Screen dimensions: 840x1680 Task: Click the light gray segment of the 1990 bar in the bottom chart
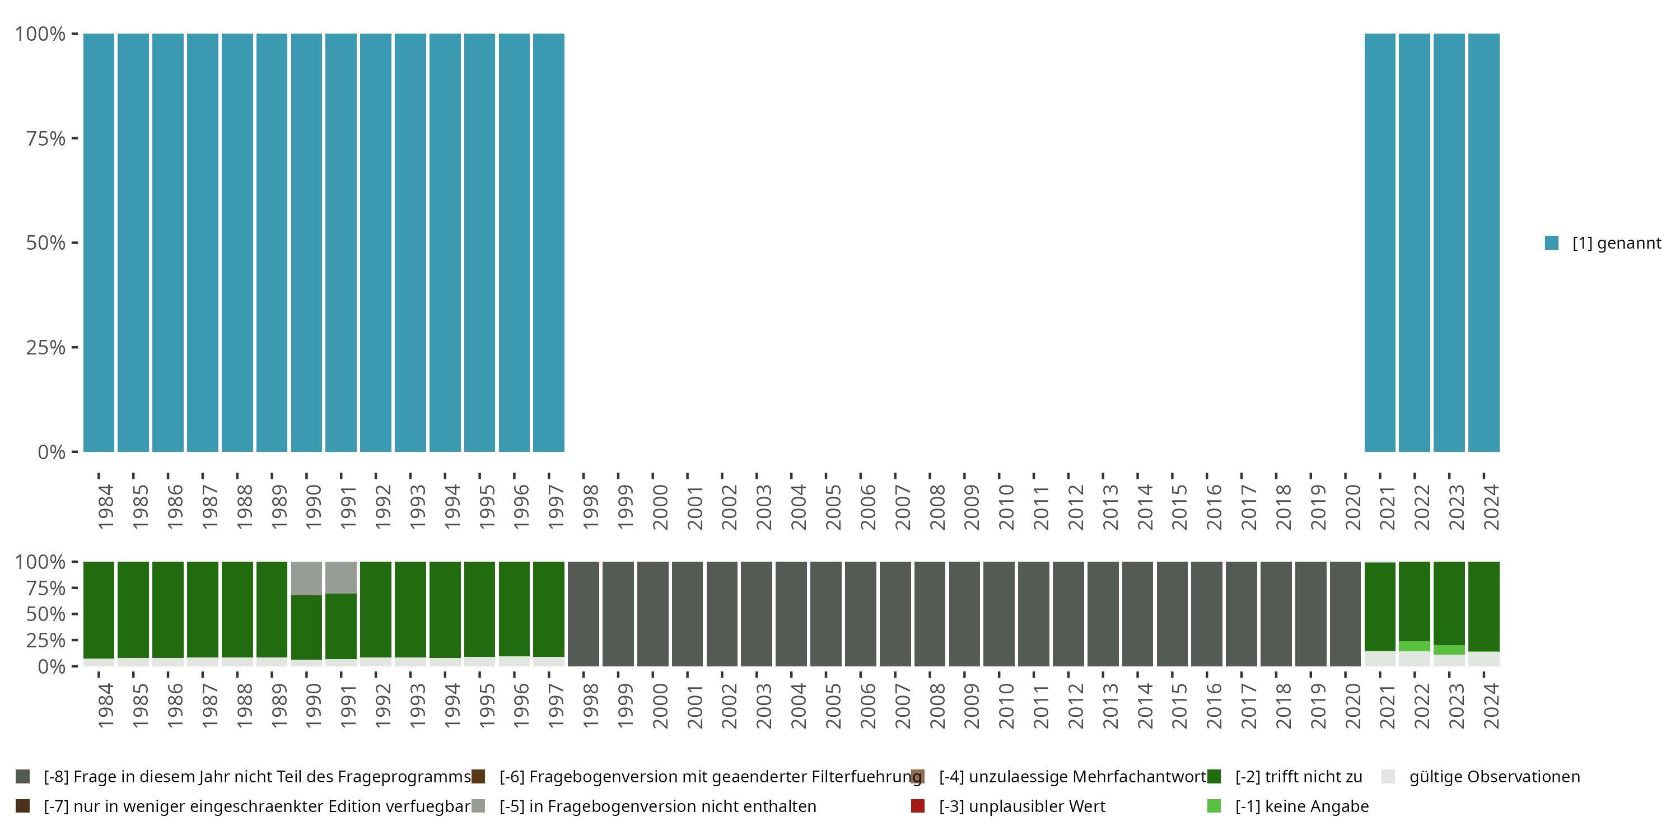306,578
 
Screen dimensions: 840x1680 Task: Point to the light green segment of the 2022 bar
1415,646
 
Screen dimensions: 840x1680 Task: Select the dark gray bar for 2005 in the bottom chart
825,613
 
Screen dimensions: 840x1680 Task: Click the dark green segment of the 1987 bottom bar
203,609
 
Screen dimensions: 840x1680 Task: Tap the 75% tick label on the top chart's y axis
46,138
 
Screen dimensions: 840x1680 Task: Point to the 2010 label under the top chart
1006,507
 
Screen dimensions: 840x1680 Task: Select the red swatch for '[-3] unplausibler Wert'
918,806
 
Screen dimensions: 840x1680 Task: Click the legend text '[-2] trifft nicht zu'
1299,777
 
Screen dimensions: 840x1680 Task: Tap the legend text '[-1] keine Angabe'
1302,806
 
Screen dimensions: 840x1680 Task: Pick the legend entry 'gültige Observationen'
1494,777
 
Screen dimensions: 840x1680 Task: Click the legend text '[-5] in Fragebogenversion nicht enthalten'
657,806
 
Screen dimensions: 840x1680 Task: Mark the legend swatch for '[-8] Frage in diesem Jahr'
23,777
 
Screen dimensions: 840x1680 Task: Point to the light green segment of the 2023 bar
1449,650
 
